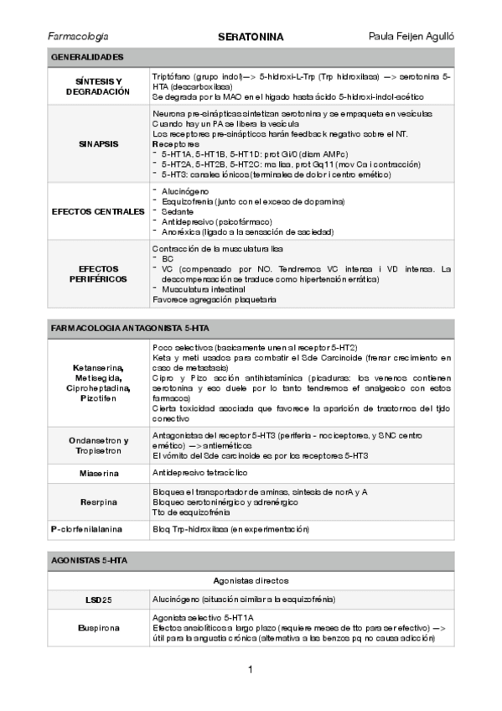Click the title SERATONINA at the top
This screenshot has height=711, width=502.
251,37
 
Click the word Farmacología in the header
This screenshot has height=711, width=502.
79,37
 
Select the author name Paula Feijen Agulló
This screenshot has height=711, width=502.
411,37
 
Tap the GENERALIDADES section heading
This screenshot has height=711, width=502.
87,57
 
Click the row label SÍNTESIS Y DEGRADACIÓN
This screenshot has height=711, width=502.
98,86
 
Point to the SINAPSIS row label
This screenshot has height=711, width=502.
98,143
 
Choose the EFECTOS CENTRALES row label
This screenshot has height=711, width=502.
98,211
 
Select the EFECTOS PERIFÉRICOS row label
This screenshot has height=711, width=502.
98,273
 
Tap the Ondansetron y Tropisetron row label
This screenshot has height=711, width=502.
98,445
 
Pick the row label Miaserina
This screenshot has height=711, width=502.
98,474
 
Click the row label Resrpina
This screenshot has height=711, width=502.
98,502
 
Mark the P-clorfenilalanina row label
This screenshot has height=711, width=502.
98,530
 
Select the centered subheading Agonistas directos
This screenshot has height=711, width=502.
251,579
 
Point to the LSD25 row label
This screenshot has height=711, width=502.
98,600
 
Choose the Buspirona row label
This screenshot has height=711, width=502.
98,627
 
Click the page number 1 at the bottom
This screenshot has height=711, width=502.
251,669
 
